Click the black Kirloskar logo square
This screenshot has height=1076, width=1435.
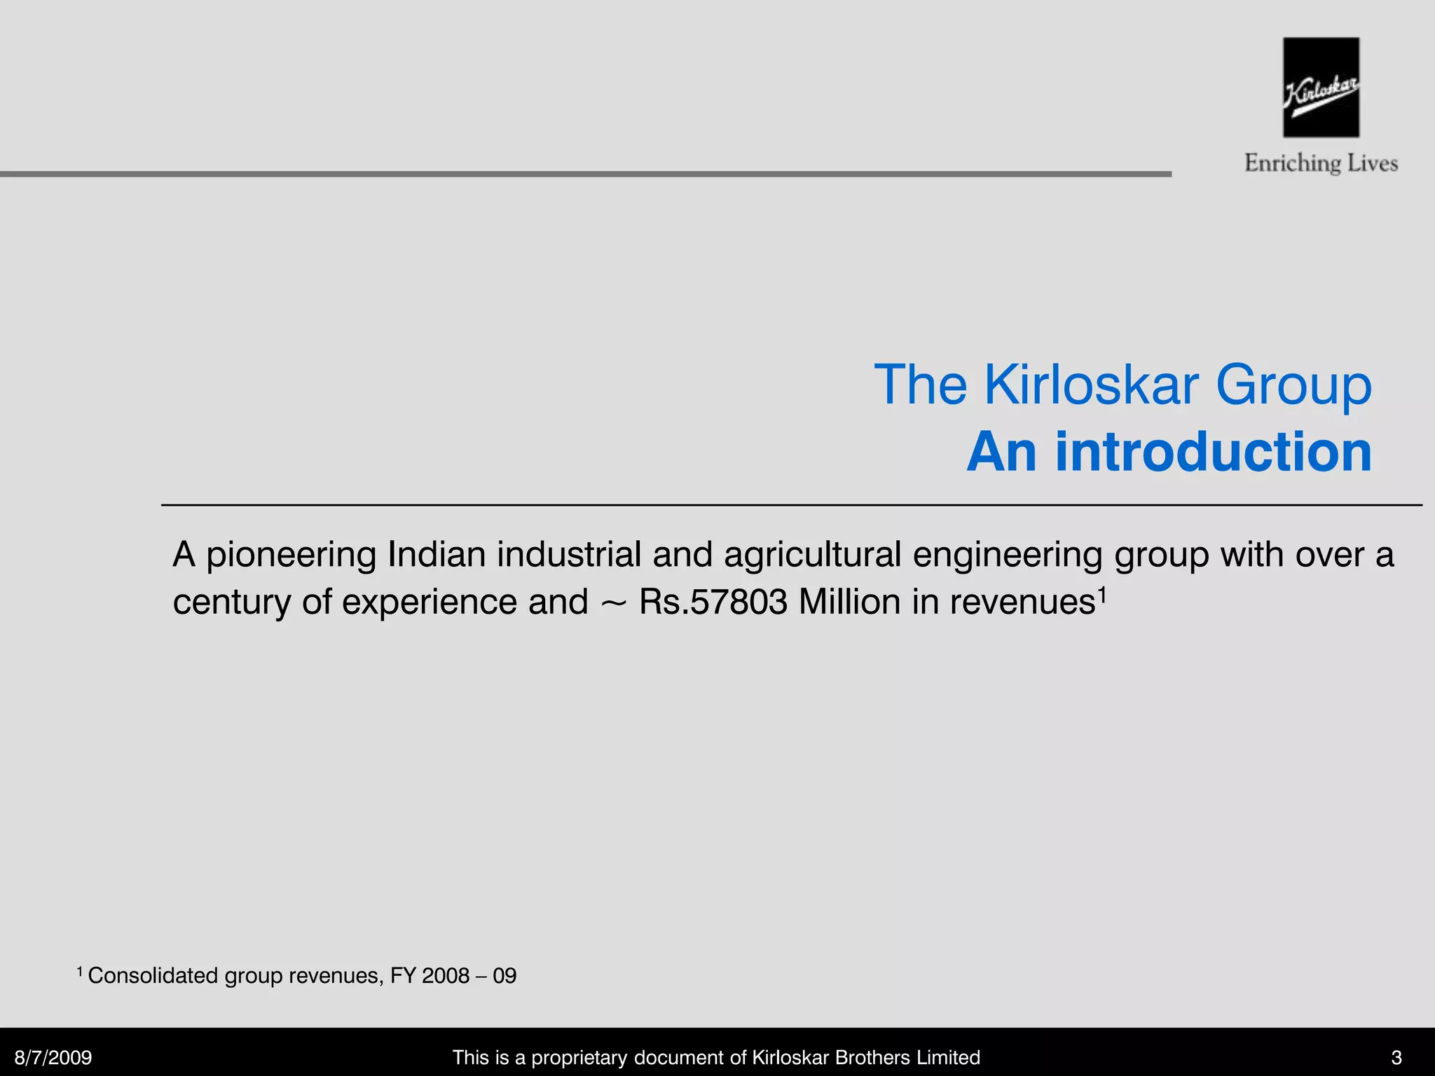click(1321, 87)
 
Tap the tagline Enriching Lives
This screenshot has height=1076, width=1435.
click(1321, 163)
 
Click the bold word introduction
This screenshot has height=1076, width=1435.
click(1214, 452)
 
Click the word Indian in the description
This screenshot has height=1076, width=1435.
click(437, 555)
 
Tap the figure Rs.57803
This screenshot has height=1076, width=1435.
click(713, 602)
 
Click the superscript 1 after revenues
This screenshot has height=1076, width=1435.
click(1102, 594)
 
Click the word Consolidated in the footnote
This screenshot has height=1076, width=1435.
click(153, 976)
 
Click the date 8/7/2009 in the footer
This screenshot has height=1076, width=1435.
click(53, 1057)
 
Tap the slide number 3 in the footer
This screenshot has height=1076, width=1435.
click(1396, 1057)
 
